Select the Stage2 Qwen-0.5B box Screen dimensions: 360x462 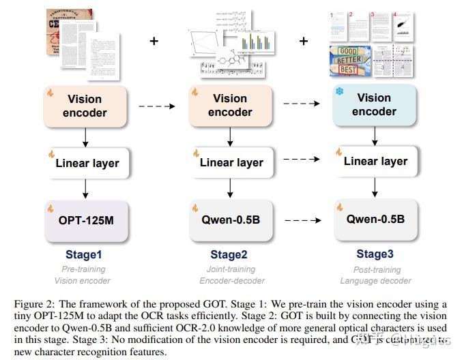pos(231,220)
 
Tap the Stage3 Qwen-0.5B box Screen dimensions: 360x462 pos(375,219)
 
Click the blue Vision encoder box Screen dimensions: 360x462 pos(374,105)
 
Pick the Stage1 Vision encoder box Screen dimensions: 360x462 pos(85,106)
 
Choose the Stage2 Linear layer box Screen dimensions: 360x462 pos(231,163)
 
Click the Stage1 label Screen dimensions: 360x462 pos(84,255)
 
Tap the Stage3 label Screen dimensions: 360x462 pos(375,254)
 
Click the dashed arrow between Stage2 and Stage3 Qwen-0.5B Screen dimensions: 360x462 pos(302,220)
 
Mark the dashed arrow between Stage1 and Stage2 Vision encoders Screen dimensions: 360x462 pos(158,106)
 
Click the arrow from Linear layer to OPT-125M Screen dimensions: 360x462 pos(85,189)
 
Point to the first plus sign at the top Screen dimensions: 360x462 pos(154,42)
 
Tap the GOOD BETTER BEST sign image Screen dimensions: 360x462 pos(350,62)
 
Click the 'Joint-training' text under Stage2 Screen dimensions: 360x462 pos(227,269)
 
